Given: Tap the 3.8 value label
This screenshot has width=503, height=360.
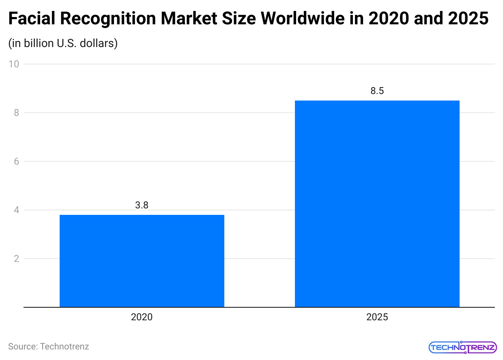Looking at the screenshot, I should point(142,205).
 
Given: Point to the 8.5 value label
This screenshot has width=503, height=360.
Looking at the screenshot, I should point(377,91).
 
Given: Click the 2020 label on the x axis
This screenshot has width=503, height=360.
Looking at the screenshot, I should point(142,317).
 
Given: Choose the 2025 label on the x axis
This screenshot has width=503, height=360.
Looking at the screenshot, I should point(377,317).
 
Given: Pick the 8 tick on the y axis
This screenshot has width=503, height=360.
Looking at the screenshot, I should point(16,113).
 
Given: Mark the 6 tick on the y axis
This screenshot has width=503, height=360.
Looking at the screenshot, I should point(16,161).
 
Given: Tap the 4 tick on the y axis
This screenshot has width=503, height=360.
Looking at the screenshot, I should point(16,210).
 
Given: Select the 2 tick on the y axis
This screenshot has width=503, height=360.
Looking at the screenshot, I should point(16,259).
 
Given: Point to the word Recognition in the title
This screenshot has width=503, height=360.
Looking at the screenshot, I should point(103,19).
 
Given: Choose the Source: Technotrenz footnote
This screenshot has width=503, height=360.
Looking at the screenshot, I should point(49,347).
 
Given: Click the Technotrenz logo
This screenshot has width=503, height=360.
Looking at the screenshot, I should point(462,347).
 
